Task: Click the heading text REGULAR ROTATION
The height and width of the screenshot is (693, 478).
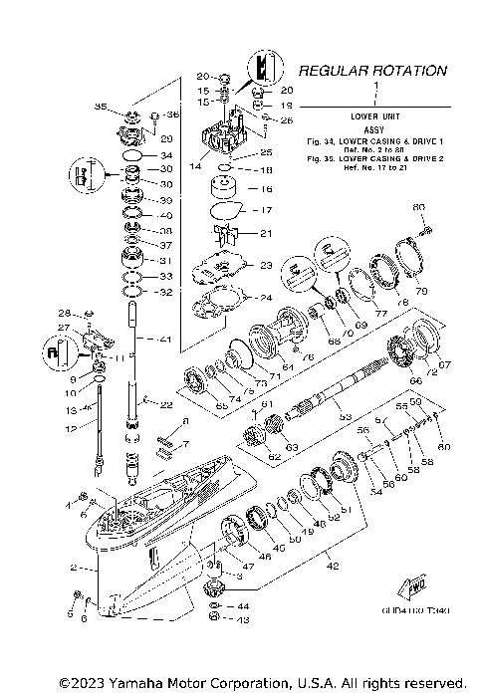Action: pos(372,71)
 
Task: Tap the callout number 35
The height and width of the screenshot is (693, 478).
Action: pos(100,107)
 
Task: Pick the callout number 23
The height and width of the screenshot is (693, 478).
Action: pos(265,266)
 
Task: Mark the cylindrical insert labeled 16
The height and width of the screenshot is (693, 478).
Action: pos(225,188)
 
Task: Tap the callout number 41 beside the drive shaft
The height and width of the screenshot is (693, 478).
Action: pos(165,341)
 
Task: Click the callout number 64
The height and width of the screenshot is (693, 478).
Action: pos(288,367)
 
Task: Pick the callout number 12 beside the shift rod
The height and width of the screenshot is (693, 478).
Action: pos(70,428)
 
